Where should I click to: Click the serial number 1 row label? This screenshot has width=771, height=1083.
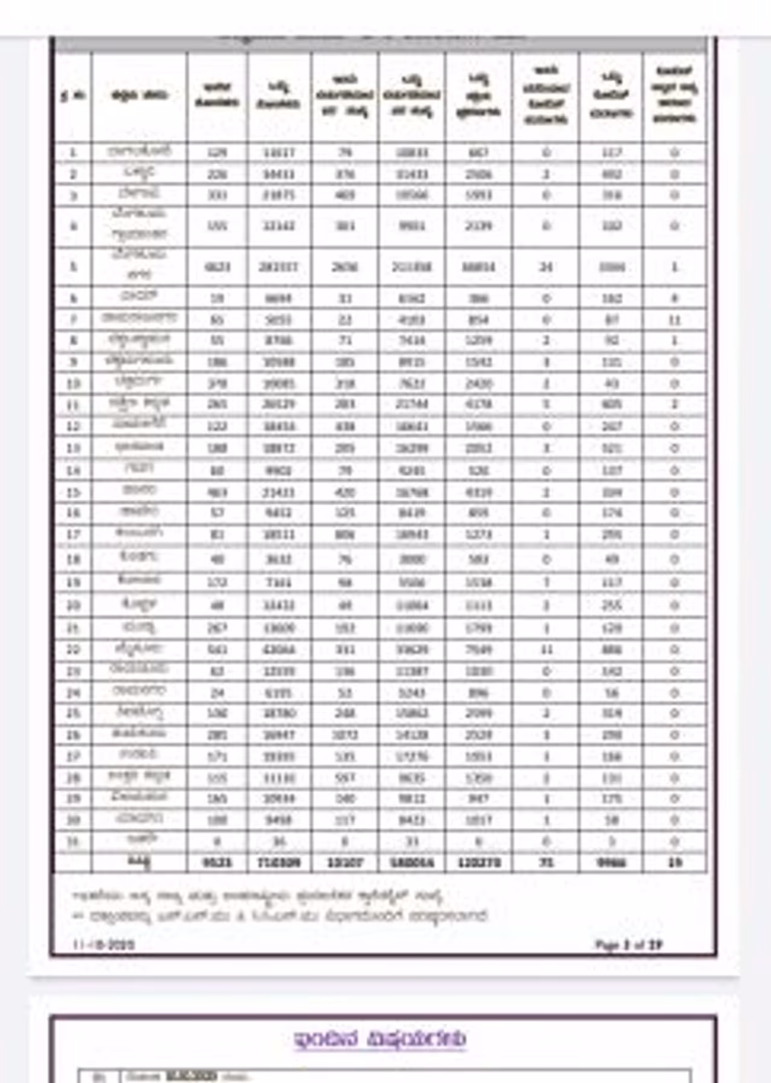[x=73, y=152]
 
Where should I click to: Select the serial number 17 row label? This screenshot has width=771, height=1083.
[x=73, y=534]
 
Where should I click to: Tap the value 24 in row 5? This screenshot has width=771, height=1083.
[x=546, y=266]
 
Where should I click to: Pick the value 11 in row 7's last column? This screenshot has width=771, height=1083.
[x=675, y=319]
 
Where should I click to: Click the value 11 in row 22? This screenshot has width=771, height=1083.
[x=546, y=649]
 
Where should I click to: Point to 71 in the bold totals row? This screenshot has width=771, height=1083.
[x=546, y=863]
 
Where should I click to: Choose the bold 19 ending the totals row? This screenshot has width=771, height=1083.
[x=675, y=863]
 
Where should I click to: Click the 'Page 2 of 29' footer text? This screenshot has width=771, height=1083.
[x=628, y=944]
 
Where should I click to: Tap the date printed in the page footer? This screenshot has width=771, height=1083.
[x=104, y=944]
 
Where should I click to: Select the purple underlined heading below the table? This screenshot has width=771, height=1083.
[x=380, y=1038]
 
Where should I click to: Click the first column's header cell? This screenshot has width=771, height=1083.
[x=73, y=96]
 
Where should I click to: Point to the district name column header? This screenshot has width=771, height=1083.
[x=139, y=95]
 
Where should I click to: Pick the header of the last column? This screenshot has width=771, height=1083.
[x=675, y=95]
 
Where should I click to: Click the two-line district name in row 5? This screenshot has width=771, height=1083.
[x=139, y=266]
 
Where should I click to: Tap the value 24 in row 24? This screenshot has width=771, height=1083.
[x=217, y=693]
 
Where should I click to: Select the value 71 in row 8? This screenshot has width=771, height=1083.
[x=345, y=340]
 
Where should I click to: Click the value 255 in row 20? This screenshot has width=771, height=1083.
[x=611, y=605]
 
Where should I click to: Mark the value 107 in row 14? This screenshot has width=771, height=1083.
[x=611, y=470]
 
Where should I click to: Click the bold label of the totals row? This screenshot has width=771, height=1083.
[x=139, y=863]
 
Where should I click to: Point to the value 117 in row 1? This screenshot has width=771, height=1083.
[x=611, y=152]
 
